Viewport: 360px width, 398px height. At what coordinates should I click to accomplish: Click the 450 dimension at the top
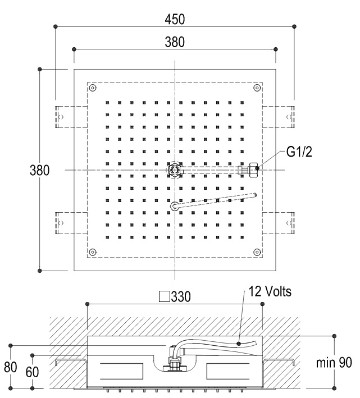pyautogui.click(x=175, y=19)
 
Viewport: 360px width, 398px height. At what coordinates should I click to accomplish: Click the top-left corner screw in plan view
pyautogui.click(x=94, y=88)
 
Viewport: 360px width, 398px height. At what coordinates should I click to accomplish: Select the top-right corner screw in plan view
pyautogui.click(x=257, y=88)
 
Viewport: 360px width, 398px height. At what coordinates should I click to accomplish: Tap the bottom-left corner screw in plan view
pyautogui.click(x=94, y=251)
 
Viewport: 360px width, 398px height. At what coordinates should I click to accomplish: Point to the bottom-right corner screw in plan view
pyautogui.click(x=257, y=251)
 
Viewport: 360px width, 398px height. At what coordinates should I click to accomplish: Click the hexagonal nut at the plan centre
pyautogui.click(x=175, y=169)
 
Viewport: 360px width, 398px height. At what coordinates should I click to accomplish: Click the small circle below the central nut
pyautogui.click(x=175, y=207)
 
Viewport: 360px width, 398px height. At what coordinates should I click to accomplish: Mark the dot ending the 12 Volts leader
pyautogui.click(x=239, y=342)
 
